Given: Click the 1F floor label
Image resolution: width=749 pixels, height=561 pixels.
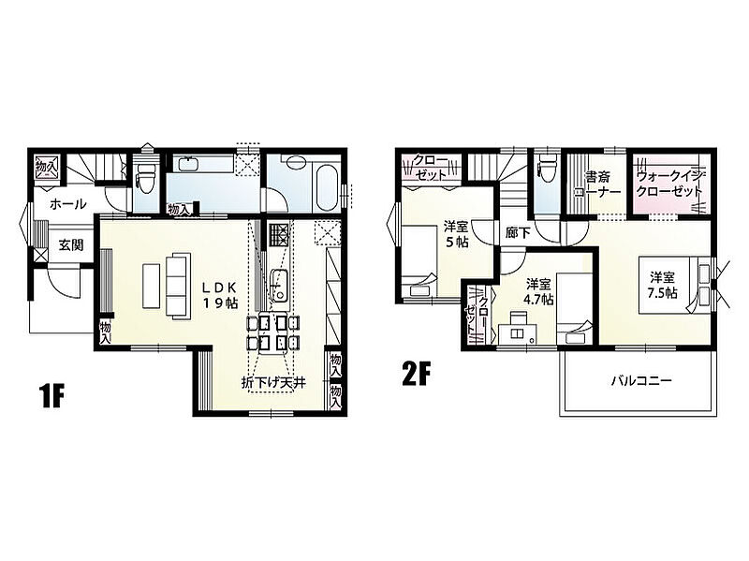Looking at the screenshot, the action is point(51,395).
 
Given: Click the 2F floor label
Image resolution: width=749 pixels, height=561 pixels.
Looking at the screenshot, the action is point(417,374).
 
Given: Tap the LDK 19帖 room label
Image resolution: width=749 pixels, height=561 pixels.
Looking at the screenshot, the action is point(219,295).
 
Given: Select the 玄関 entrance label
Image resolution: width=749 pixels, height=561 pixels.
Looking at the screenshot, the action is point(71,245).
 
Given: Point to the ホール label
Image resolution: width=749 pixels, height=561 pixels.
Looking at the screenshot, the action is point(67,204).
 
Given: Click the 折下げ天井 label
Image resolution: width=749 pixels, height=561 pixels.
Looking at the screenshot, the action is point(273,382).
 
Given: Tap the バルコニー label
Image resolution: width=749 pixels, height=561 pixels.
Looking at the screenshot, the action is point(641,381).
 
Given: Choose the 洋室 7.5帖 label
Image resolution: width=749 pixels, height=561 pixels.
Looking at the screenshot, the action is point(662,285).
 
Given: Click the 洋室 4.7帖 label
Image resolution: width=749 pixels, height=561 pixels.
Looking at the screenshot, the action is point(539,292).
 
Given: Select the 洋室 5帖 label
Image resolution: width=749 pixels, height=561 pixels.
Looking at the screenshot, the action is point(457,233).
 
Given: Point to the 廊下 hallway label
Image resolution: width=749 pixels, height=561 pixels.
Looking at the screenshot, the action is point(518,233).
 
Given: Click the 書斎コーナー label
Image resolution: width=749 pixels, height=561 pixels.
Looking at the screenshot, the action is point(597,185).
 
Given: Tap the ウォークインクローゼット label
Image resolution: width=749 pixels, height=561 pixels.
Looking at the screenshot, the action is point(669,184).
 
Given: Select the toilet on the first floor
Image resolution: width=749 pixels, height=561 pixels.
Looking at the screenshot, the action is point(145,178).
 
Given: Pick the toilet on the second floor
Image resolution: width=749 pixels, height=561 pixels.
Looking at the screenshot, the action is point(547,169).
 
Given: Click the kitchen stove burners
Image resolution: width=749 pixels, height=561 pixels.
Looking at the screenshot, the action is point(279,234).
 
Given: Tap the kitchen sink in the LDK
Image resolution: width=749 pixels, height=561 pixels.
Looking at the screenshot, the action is point(278,285).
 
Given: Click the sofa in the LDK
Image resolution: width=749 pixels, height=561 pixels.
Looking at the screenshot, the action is point(178,285).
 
